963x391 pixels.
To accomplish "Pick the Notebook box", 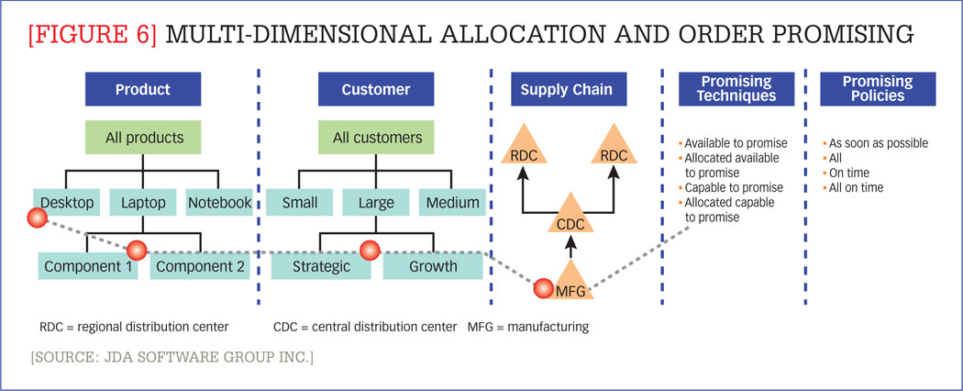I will [218, 202].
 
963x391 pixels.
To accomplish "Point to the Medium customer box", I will [450, 202].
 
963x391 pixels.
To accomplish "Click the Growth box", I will [433, 267].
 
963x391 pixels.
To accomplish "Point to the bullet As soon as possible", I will [878, 143].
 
